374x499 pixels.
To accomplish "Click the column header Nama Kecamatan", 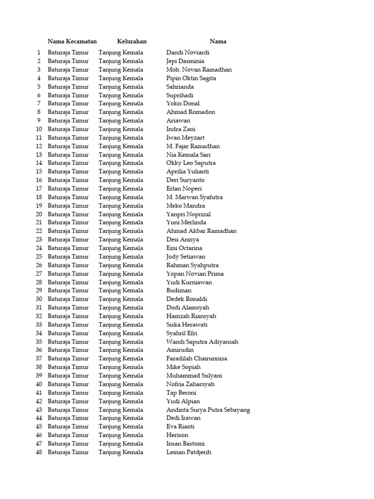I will tap(72, 41).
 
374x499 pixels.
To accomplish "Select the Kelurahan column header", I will tap(131, 41).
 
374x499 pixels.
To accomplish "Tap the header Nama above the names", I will tap(218, 41).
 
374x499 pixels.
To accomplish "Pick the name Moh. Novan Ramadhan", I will tap(199, 70).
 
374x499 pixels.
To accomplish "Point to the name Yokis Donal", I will tap(183, 103).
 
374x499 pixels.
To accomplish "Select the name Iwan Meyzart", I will tap(186, 137).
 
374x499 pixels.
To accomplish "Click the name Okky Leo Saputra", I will tap(191, 163).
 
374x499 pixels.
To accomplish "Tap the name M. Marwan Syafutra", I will tap(194, 197).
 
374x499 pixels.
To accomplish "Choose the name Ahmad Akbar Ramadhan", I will tap(201, 231).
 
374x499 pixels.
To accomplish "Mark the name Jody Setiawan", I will tap(186, 256).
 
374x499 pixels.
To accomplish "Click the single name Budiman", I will tap(179, 290).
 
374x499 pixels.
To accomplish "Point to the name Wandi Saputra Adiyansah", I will tap(202, 342).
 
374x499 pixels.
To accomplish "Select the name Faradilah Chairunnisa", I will tap(196, 359).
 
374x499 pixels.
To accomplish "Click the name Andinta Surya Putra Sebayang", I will tap(208, 410).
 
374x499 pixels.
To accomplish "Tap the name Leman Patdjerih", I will tap(188, 452).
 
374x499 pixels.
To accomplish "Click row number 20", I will tap(39, 214).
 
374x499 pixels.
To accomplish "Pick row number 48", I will tap(39, 452).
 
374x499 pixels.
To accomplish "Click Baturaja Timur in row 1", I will tap(68, 53).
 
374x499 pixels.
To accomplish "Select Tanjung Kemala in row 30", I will tap(121, 299).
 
